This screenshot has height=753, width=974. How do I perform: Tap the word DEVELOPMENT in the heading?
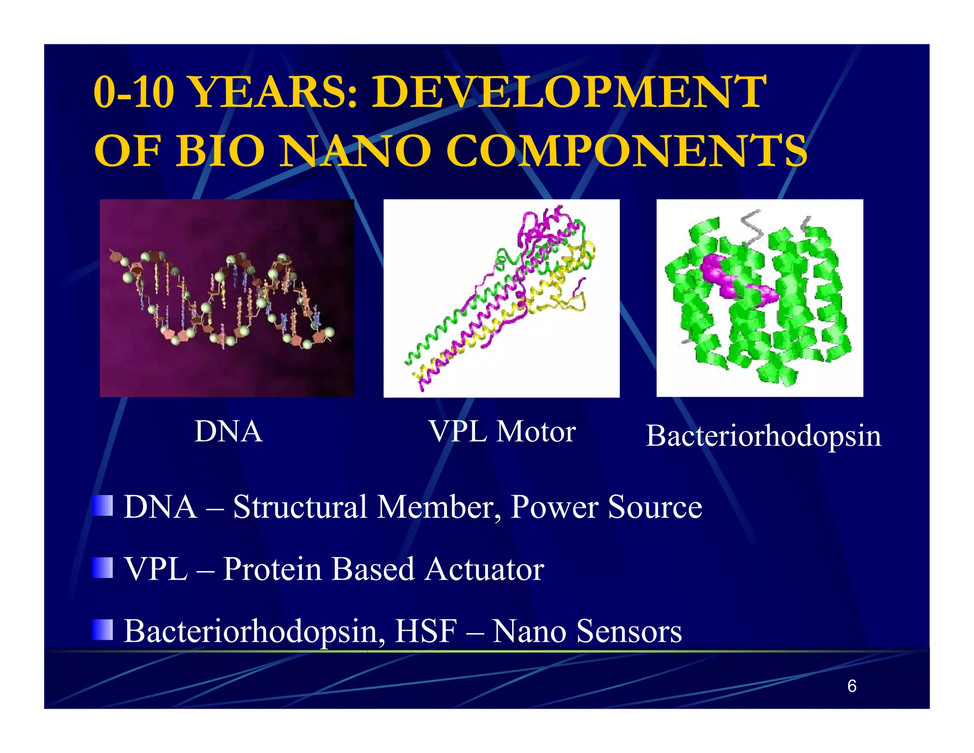(568, 92)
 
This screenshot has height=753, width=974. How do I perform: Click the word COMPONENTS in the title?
(625, 151)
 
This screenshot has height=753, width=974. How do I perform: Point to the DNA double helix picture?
(226, 297)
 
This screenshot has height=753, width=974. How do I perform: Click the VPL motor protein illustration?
(501, 297)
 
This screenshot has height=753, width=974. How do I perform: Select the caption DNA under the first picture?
(228, 431)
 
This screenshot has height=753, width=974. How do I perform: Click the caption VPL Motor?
(502, 431)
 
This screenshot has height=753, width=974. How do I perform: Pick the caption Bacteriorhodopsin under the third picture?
(763, 436)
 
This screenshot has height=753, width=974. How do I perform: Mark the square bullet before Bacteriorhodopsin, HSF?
(103, 630)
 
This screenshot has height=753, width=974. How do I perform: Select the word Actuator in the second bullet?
(484, 569)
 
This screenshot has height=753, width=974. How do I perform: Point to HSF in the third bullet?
(426, 631)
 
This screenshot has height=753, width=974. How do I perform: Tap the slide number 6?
(851, 686)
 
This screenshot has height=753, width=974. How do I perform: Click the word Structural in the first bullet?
(300, 507)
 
